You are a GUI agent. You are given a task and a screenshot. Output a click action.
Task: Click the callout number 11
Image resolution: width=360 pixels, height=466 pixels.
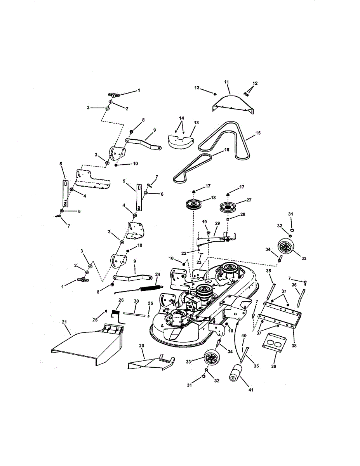(x=227, y=82)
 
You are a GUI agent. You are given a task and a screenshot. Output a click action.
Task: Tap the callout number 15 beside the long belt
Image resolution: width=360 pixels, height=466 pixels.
(x=258, y=133)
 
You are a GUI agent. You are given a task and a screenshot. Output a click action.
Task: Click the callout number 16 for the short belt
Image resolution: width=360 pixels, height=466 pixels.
(x=226, y=149)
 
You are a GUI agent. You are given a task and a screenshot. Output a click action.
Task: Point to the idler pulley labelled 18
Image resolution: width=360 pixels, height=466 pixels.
(x=193, y=204)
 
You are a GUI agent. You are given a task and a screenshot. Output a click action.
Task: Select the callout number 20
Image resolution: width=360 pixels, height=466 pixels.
(x=141, y=345)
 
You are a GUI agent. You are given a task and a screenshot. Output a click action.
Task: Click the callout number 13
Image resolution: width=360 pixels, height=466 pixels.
(x=196, y=123)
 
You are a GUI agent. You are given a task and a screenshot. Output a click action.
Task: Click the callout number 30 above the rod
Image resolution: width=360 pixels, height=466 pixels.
(x=136, y=301)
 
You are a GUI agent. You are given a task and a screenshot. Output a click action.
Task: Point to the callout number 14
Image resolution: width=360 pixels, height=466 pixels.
(x=181, y=118)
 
